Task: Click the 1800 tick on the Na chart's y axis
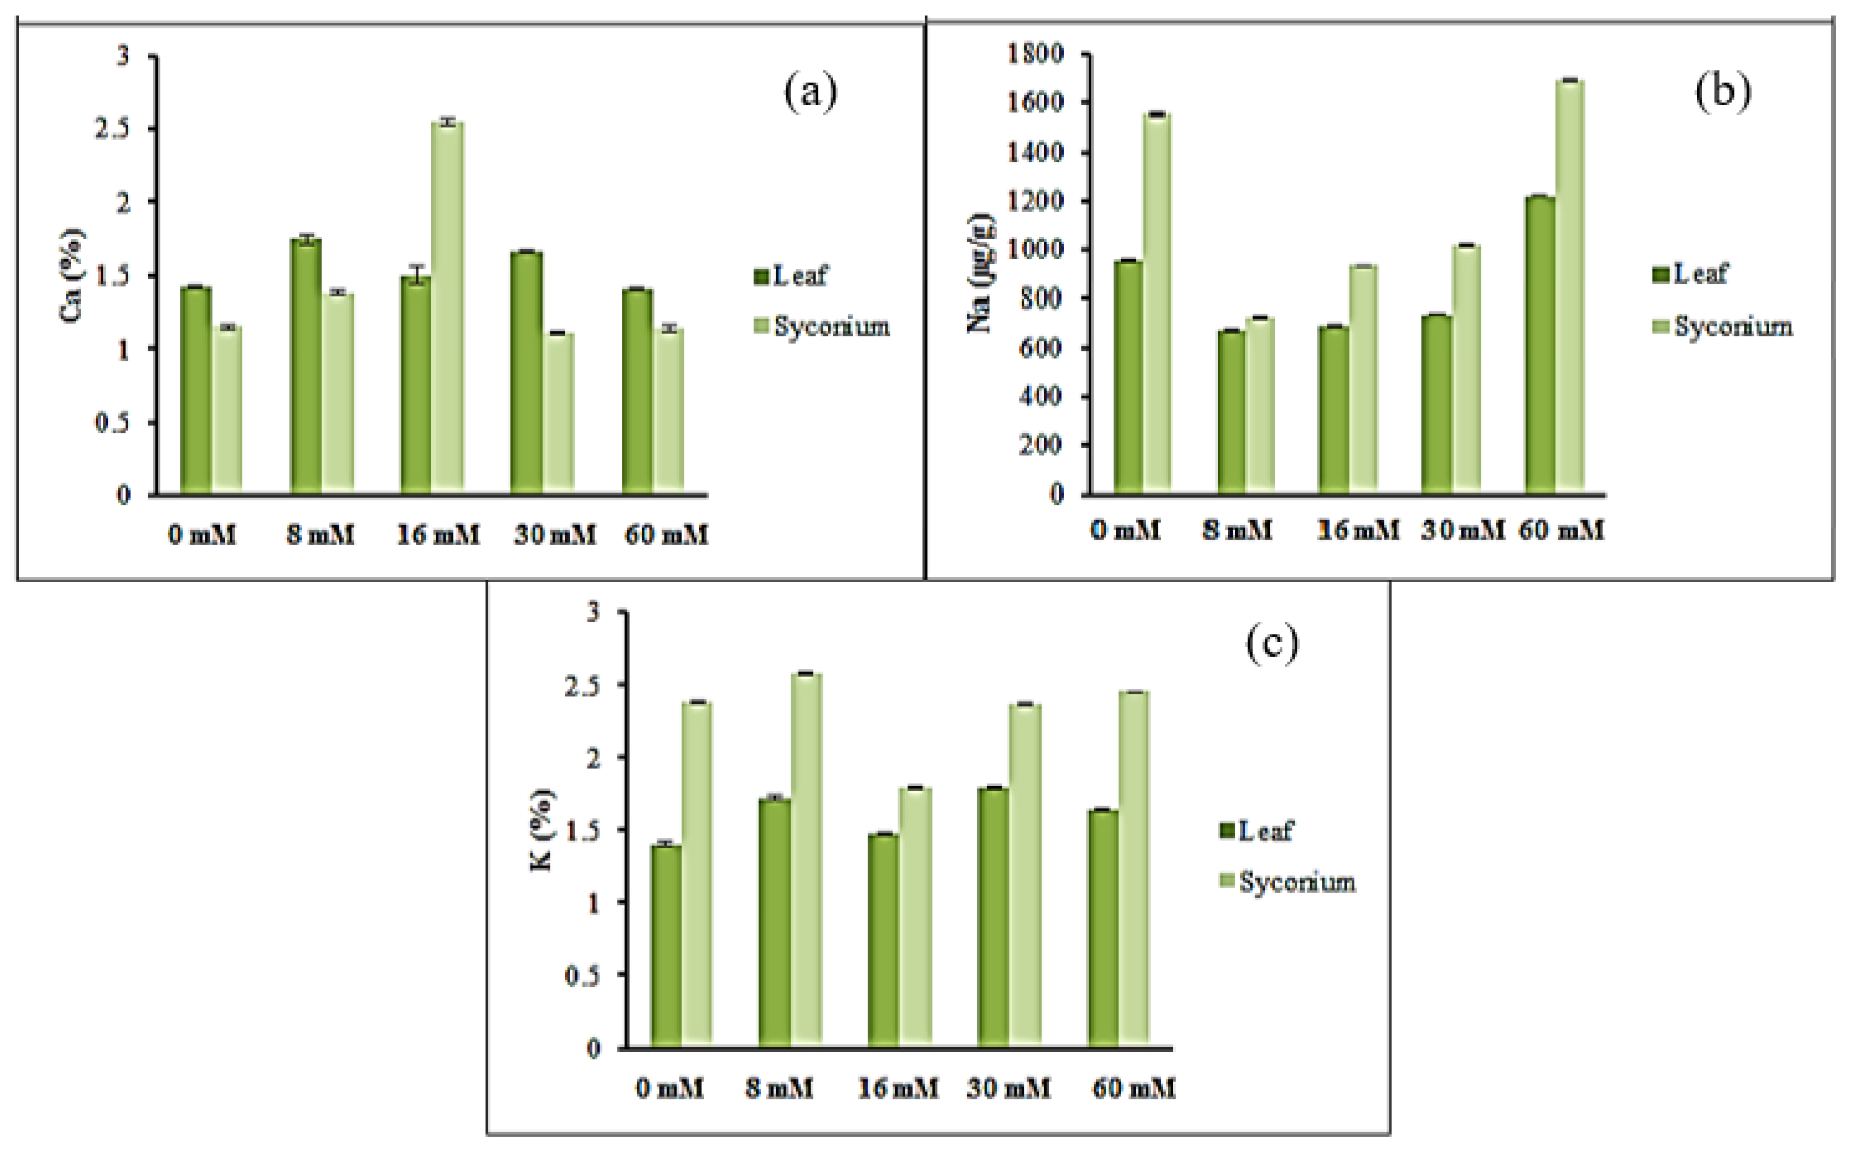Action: pos(1035,54)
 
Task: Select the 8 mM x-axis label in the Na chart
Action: pos(1237,531)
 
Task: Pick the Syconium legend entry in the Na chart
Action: pos(1722,327)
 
